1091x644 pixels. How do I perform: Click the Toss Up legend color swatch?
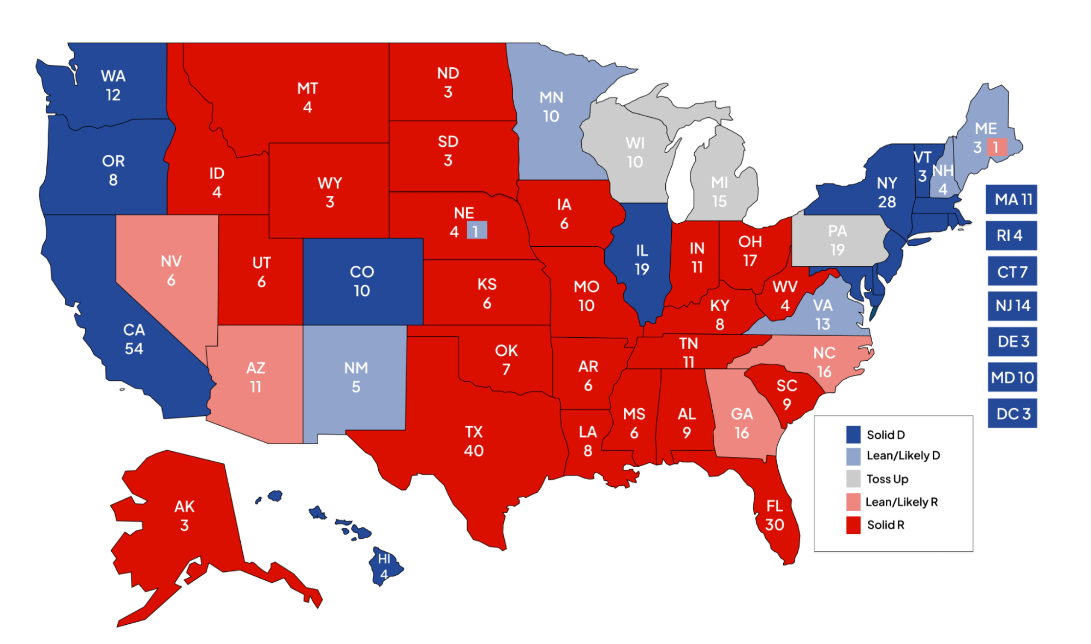point(853,479)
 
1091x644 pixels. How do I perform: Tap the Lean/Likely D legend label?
point(903,456)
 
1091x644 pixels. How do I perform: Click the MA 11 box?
point(1011,199)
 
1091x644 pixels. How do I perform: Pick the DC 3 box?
point(1012,414)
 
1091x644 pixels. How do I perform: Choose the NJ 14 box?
point(1012,306)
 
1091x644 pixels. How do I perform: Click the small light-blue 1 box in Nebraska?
point(476,231)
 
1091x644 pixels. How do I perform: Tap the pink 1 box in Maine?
point(996,147)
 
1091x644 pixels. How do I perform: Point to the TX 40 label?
point(473,441)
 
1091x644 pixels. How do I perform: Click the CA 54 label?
point(134,339)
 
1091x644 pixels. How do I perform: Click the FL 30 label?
point(774,515)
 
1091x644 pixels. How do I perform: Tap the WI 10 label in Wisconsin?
point(635,152)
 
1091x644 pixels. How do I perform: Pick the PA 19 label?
point(837,240)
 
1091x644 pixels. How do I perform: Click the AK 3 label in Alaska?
point(184,515)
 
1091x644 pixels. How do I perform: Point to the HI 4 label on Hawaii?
point(384,567)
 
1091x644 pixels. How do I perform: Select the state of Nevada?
point(171,270)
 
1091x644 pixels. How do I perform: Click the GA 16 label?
point(742,423)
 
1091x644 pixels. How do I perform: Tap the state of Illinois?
point(642,260)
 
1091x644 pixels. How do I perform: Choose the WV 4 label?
point(785,295)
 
